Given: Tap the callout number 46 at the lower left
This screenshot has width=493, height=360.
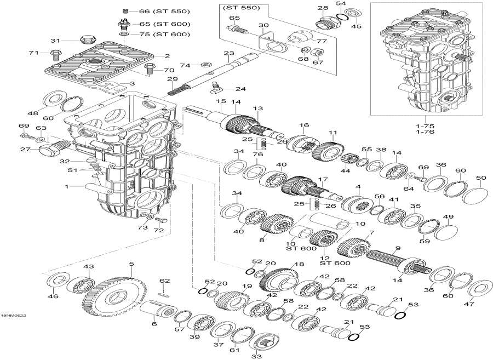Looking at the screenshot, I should [53, 296].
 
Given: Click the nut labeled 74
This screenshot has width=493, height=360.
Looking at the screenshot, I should [200, 65].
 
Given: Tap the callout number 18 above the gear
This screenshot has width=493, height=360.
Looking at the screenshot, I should [298, 264].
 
